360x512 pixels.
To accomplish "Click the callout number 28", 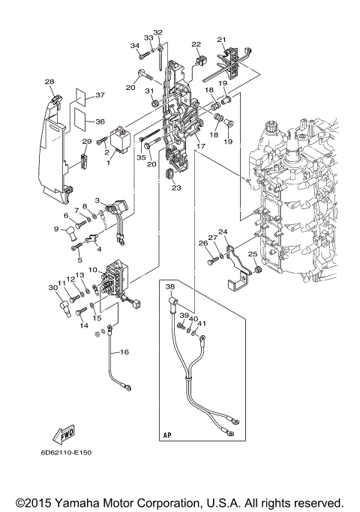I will pyautogui.click(x=49, y=82).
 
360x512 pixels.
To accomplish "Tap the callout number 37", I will pyautogui.click(x=100, y=95).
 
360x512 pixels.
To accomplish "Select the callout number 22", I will pyautogui.click(x=196, y=44).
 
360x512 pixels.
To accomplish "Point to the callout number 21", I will pyautogui.click(x=221, y=40).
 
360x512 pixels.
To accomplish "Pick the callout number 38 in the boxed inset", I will pyautogui.click(x=169, y=287).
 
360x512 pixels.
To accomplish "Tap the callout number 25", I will pyautogui.click(x=253, y=255).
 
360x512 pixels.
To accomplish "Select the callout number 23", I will pyautogui.click(x=176, y=189).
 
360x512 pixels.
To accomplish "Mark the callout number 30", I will pyautogui.click(x=52, y=287).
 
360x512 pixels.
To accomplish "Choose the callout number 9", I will pyautogui.click(x=56, y=229).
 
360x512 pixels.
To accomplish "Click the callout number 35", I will pyautogui.click(x=140, y=157).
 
